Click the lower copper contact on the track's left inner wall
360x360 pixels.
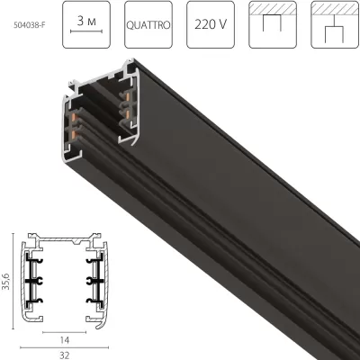point(73,134)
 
